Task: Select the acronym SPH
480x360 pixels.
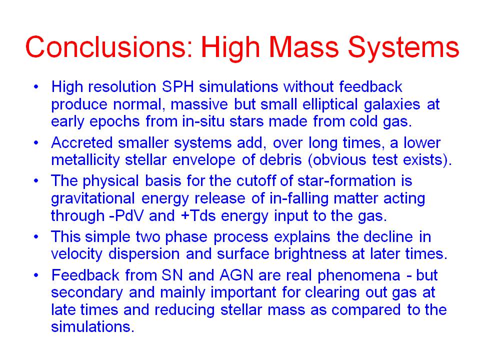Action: click(x=178, y=86)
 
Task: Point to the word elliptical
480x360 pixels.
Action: click(x=330, y=104)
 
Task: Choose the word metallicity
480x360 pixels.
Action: click(x=85, y=160)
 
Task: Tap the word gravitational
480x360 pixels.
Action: click(x=93, y=198)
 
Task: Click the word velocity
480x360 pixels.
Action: click(x=76, y=254)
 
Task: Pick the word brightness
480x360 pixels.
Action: click(x=310, y=254)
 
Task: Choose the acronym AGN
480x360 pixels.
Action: click(x=236, y=275)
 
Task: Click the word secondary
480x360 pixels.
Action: click(x=87, y=293)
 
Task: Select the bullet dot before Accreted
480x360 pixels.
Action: click(x=36, y=142)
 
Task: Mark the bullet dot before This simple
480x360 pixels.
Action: click(x=36, y=236)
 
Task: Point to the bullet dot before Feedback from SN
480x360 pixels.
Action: click(x=36, y=275)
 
